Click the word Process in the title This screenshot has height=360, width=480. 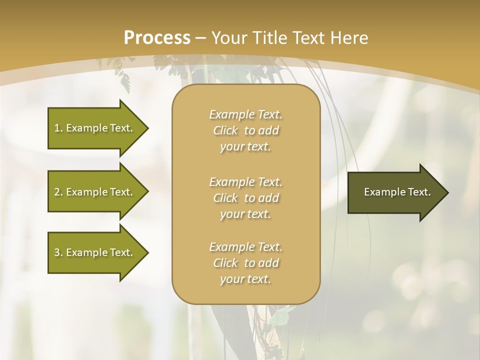[x=157, y=38]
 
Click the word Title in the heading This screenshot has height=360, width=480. [x=271, y=38]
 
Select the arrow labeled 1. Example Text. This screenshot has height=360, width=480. [x=95, y=128]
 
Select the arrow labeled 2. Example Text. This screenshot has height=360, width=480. [x=95, y=192]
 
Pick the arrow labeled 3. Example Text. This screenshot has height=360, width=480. [x=95, y=252]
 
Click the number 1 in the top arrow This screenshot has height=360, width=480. [x=57, y=128]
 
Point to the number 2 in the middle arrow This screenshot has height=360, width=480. [x=57, y=192]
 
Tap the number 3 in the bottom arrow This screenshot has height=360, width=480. [x=57, y=252]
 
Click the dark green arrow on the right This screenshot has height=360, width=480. [x=395, y=192]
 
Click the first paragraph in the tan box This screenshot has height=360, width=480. [x=246, y=130]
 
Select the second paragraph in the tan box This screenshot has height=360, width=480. [x=246, y=198]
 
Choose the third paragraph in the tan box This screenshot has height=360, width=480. [x=246, y=263]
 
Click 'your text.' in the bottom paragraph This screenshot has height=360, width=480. [x=245, y=279]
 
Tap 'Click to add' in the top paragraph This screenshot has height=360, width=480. [x=246, y=130]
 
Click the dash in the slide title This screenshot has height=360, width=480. [x=201, y=38]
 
